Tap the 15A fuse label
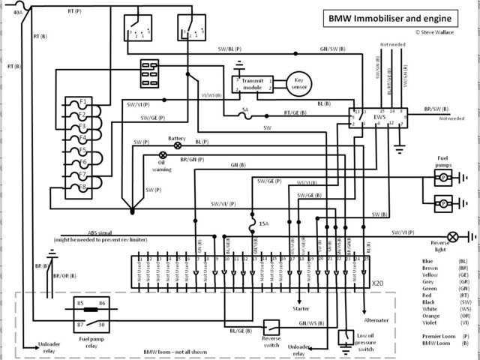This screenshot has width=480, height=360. pos(263,223)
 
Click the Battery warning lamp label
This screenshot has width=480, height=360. pos(177,138)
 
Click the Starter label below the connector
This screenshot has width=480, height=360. pos(300,307)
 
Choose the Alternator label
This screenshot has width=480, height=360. pos(376,319)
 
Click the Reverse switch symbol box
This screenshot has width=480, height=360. pos(271,328)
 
